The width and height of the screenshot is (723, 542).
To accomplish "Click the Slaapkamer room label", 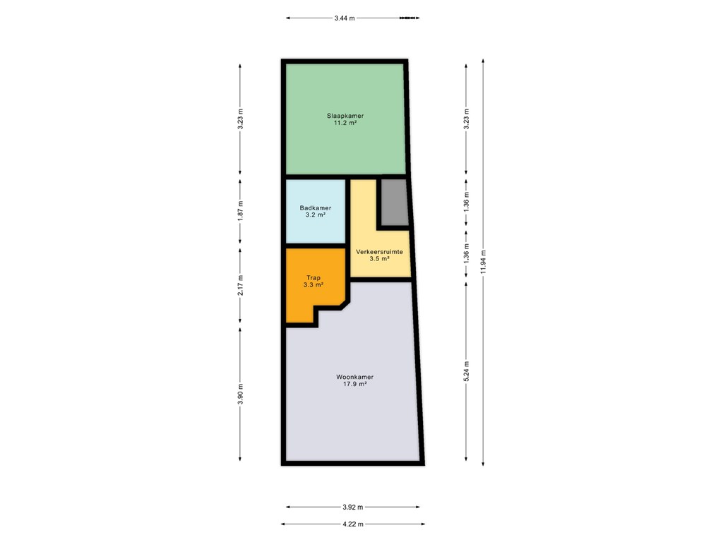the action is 345,116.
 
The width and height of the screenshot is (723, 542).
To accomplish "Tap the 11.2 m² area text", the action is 345,123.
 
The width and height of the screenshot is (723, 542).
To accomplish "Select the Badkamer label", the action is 316,208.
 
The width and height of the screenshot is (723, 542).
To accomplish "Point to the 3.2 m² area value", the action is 316,215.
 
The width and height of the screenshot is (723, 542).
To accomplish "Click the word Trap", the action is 313,278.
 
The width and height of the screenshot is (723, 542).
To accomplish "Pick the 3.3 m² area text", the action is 313,285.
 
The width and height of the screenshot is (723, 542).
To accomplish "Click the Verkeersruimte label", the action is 379,252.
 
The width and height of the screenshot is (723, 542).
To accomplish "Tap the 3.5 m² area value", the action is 379,259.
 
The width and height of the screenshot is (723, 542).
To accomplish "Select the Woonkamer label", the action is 354,377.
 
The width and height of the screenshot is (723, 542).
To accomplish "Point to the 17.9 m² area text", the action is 354,384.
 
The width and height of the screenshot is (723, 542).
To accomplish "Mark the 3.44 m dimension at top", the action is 345,18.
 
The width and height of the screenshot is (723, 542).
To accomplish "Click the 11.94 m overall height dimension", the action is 483,262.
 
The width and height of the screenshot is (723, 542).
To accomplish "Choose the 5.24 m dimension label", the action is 466,371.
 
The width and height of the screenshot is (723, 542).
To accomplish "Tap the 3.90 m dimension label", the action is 240,394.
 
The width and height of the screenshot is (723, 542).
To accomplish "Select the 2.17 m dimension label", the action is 240,285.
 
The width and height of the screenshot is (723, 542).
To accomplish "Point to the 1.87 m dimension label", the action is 240,211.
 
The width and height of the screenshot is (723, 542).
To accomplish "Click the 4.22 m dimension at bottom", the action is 353,524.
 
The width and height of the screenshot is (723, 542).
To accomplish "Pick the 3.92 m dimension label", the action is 353,507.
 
